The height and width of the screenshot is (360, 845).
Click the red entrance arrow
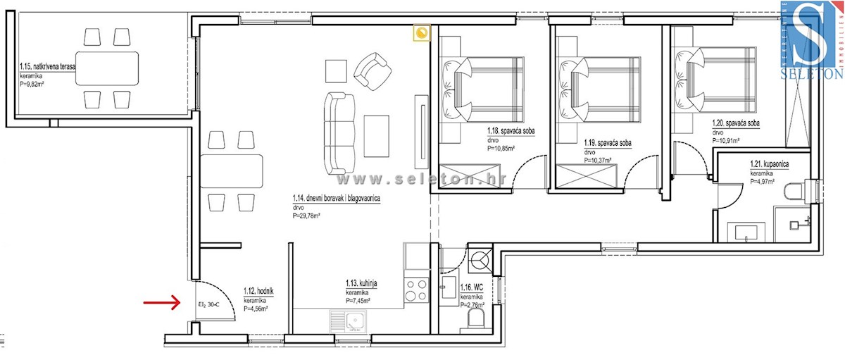[159, 304]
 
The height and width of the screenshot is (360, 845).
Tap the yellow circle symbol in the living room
[422, 33]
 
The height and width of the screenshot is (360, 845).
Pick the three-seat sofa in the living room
[339, 134]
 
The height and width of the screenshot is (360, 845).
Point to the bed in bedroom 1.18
[483, 89]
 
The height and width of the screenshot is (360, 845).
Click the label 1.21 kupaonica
[769, 164]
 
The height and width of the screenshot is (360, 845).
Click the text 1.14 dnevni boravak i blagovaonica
[336, 199]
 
